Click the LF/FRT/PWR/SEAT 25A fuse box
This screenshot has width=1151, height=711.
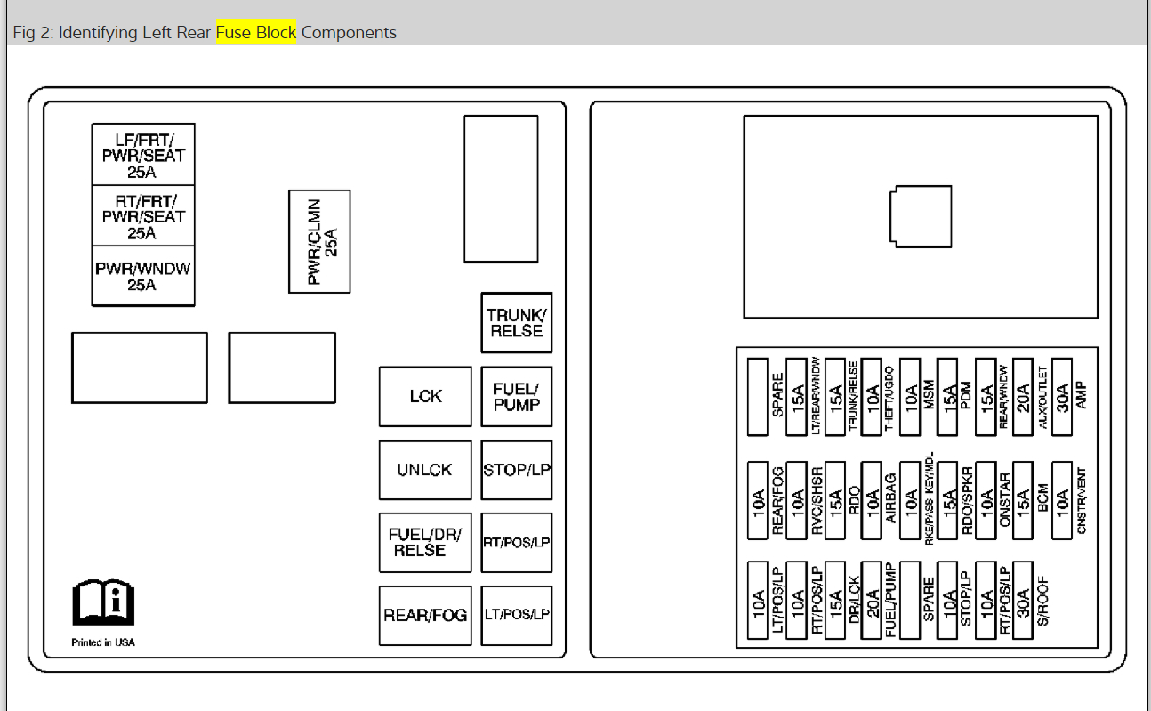point(143,154)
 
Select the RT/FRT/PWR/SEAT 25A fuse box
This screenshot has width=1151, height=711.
point(143,215)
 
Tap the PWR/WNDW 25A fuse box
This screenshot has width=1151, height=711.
point(143,276)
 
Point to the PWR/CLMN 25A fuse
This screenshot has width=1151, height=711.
point(319,242)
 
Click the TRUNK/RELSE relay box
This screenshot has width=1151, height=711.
point(517,323)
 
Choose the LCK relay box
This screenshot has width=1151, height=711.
point(425,396)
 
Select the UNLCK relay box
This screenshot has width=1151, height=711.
point(425,470)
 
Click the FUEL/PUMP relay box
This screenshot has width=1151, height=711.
point(517,396)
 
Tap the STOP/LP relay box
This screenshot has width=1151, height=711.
point(517,470)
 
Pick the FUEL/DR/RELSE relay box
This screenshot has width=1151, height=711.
point(425,543)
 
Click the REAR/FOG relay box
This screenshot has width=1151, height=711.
point(425,616)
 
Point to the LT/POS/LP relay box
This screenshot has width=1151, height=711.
point(517,616)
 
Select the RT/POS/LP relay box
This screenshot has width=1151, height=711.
point(517,543)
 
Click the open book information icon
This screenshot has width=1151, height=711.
point(103,602)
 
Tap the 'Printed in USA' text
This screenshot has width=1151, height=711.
point(103,642)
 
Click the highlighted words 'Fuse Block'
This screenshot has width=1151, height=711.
point(256,32)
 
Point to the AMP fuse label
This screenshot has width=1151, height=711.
point(1081,395)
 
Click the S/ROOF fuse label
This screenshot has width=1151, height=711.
point(1042,601)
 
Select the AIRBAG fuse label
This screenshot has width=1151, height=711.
point(890,498)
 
